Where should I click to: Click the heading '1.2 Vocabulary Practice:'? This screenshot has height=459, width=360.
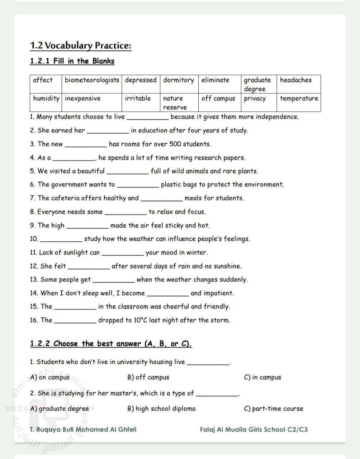[x=81, y=46]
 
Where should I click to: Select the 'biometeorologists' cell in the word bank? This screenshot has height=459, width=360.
[x=92, y=80]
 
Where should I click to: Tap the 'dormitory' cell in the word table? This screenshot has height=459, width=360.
[x=179, y=80]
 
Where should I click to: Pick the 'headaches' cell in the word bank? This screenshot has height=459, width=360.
[x=296, y=80]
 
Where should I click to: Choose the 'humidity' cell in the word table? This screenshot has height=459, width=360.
[x=46, y=99]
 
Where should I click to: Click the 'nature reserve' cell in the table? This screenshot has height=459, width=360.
[x=175, y=103]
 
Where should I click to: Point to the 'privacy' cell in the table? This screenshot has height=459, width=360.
[x=255, y=99]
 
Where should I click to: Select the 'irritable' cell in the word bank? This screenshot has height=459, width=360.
[x=138, y=99]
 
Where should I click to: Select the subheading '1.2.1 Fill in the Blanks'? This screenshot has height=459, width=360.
[x=72, y=61]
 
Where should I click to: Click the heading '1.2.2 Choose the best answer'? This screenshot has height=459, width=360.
[x=111, y=344]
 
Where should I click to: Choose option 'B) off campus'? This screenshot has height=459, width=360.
[x=148, y=377]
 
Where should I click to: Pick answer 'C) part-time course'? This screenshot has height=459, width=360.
[x=273, y=408]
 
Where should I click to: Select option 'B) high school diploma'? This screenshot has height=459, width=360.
[x=161, y=408]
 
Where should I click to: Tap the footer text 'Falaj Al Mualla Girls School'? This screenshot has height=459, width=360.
[x=243, y=430]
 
